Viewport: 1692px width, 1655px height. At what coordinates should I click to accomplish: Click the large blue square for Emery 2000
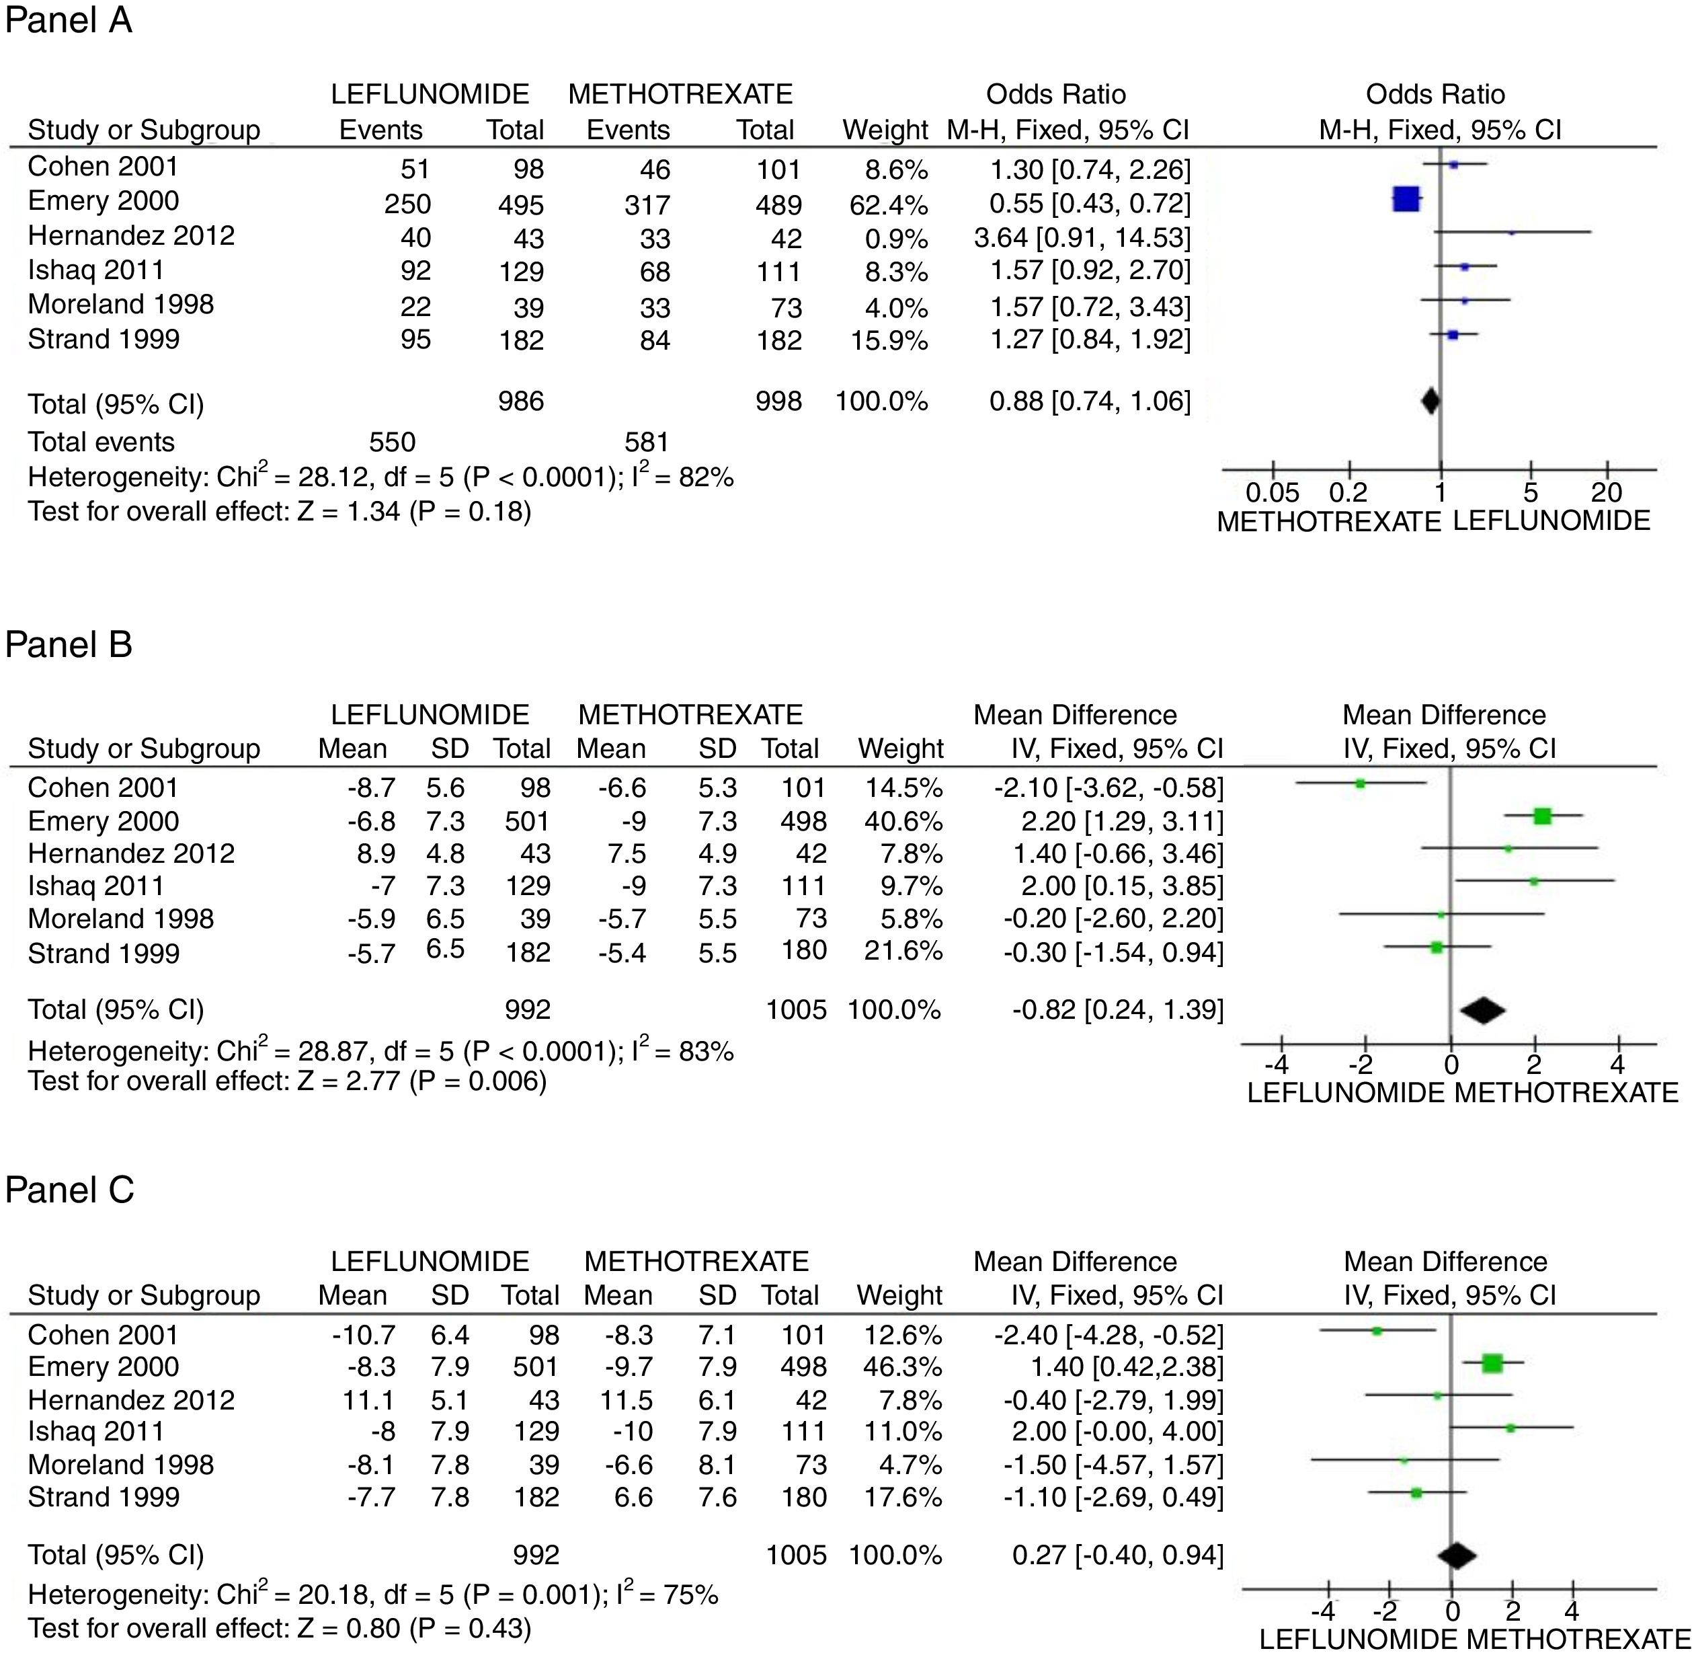tap(1406, 200)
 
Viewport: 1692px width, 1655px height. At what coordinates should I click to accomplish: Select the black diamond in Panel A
tap(1430, 401)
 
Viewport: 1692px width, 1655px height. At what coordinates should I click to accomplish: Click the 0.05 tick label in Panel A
tap(1273, 494)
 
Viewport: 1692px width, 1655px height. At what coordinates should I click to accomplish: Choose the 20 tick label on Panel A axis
tap(1606, 494)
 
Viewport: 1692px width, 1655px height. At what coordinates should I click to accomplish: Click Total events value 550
tap(392, 442)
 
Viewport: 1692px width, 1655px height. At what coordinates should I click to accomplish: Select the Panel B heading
tap(69, 645)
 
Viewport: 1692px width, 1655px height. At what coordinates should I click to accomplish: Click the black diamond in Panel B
tap(1482, 1010)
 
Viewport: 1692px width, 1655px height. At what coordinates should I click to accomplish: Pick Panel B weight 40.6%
tap(903, 821)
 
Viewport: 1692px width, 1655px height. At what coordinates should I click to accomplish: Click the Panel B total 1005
tap(796, 1010)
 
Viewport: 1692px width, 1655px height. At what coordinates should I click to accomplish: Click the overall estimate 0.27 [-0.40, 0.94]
tap(1117, 1555)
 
